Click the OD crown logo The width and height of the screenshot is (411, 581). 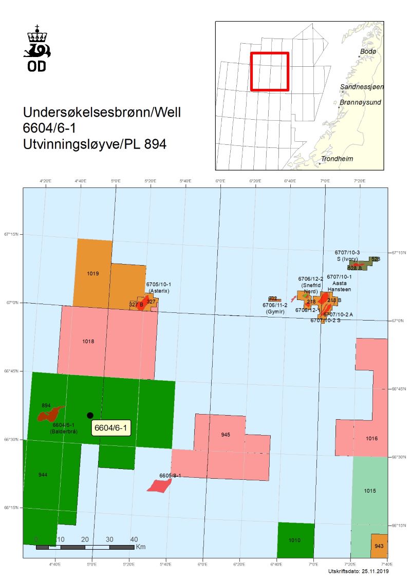(x=37, y=47)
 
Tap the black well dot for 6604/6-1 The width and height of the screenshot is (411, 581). (x=90, y=415)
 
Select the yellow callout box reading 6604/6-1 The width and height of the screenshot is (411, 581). (x=111, y=427)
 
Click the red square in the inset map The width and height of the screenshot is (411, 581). (x=269, y=71)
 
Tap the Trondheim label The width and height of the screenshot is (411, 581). (x=337, y=159)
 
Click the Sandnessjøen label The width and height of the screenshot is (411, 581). (x=362, y=87)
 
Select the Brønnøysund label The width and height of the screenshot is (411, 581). (x=360, y=103)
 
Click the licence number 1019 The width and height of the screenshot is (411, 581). (x=93, y=274)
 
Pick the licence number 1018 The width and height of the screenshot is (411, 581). (x=88, y=341)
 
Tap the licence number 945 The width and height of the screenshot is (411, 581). (x=226, y=435)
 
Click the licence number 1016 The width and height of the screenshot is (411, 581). (x=372, y=439)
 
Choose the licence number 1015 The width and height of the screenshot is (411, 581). (x=370, y=491)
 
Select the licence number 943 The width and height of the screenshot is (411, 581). (x=379, y=546)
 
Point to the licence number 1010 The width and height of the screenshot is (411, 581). (x=294, y=540)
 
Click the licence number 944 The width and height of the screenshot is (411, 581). (x=43, y=475)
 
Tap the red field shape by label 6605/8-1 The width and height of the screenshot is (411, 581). (x=158, y=485)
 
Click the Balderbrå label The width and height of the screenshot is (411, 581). (x=64, y=432)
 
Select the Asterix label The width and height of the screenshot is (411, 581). (x=159, y=291)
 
